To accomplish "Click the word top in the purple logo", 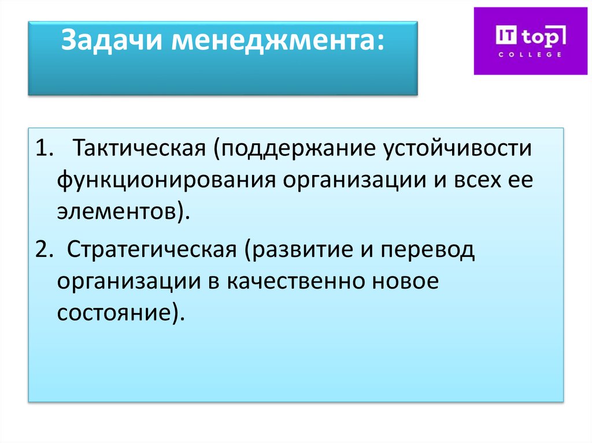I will tap(538, 36).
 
